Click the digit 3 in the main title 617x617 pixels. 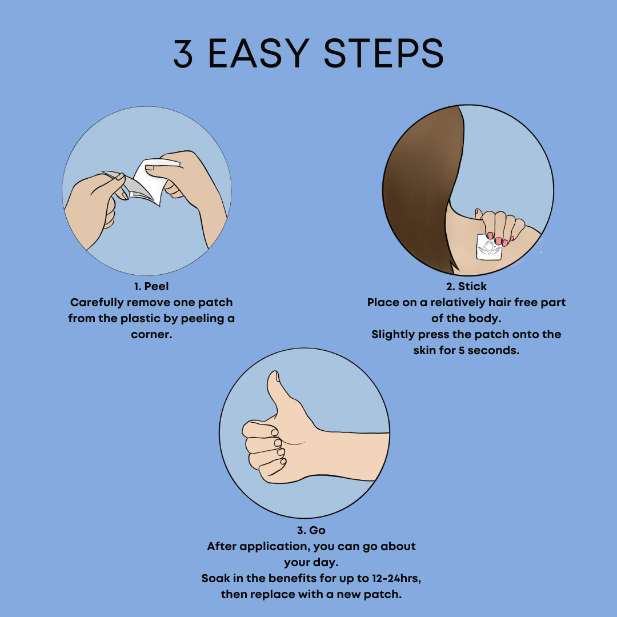click(x=183, y=54)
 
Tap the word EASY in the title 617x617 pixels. click(x=258, y=54)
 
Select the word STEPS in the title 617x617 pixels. click(x=384, y=54)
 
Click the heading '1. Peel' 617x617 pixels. click(x=151, y=286)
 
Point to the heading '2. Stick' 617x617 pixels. click(x=466, y=286)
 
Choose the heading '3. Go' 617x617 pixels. click(x=311, y=530)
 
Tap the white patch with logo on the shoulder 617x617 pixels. click(x=490, y=247)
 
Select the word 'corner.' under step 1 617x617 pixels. click(x=151, y=335)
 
